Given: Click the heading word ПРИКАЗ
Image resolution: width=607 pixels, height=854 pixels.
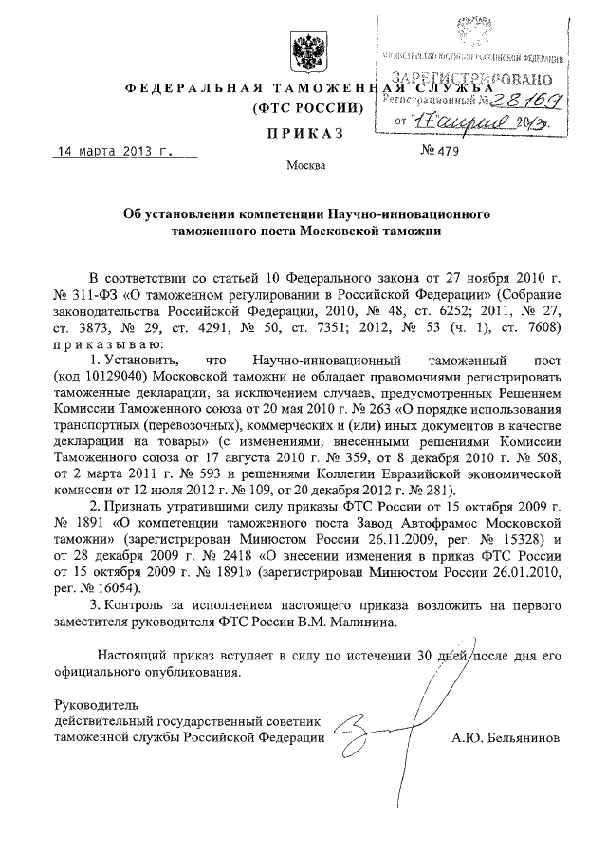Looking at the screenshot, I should coord(304,135).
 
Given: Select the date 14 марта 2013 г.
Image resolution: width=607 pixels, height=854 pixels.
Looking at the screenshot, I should coord(111,151).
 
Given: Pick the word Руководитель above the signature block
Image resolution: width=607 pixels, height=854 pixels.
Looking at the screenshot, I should coord(98,704).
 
